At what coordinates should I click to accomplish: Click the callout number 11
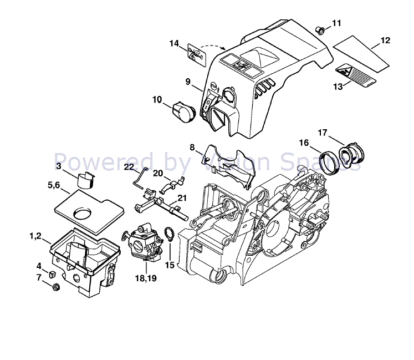(337, 23)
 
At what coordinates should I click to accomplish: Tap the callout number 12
(385, 40)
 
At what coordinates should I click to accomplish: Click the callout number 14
(175, 43)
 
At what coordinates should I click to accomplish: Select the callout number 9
(188, 82)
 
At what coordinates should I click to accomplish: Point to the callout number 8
(192, 148)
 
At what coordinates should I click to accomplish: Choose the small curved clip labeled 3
(84, 180)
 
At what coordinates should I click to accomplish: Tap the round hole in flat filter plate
(85, 214)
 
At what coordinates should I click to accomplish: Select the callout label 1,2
(35, 237)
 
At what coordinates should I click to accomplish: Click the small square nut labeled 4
(52, 273)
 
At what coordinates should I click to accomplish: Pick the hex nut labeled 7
(56, 287)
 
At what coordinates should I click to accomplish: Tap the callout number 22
(129, 167)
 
